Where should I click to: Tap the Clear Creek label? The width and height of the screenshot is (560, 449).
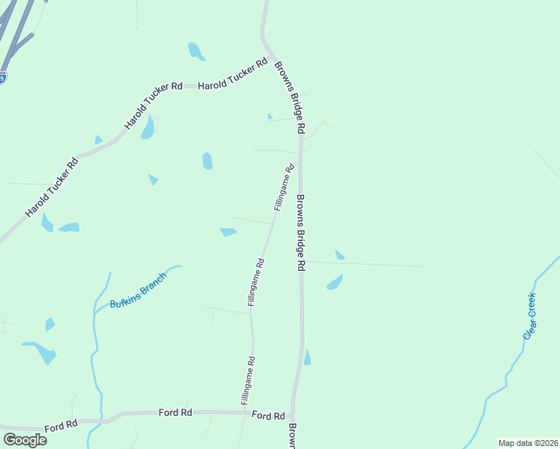click(x=529, y=316)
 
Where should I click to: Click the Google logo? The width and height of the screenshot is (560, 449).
click(x=25, y=439)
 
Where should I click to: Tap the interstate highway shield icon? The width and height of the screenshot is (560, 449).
click(x=2, y=77)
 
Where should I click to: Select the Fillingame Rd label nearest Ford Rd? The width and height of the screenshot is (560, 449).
click(x=249, y=381)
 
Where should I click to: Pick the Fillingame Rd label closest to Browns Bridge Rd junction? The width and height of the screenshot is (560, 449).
click(x=283, y=187)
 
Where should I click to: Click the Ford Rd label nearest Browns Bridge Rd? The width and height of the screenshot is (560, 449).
click(x=268, y=415)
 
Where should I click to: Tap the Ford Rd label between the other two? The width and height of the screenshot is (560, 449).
click(x=176, y=412)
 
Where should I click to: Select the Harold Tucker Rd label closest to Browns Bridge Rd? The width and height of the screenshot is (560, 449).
click(x=233, y=76)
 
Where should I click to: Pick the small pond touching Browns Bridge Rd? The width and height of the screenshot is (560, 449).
click(x=307, y=358)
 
